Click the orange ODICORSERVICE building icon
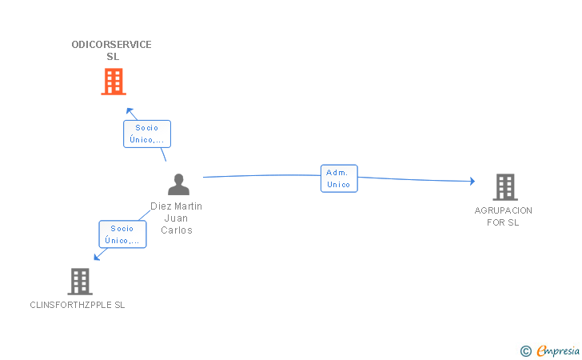pos(114,82)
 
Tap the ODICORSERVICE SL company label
pos(111,50)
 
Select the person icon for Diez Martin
pos(178,184)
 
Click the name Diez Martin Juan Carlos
pos(177,218)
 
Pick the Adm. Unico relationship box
pos(339,178)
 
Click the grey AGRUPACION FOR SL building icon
pos(505,187)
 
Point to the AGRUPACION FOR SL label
pos(503,216)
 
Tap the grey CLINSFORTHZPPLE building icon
pos(80,282)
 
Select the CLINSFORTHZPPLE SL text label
pos(78,305)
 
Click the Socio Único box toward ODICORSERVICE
pos(147,134)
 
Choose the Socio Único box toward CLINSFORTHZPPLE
pos(122,234)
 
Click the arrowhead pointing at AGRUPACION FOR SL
pos(472,181)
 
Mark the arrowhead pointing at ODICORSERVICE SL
pos(130,111)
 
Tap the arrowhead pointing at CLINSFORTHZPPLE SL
pos(97,256)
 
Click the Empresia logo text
pos(558,350)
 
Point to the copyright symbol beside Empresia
pos(525,351)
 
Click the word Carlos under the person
pos(177,230)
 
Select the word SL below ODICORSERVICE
pos(113,57)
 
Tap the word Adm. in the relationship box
pos(337,172)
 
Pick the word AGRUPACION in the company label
pos(503,210)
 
